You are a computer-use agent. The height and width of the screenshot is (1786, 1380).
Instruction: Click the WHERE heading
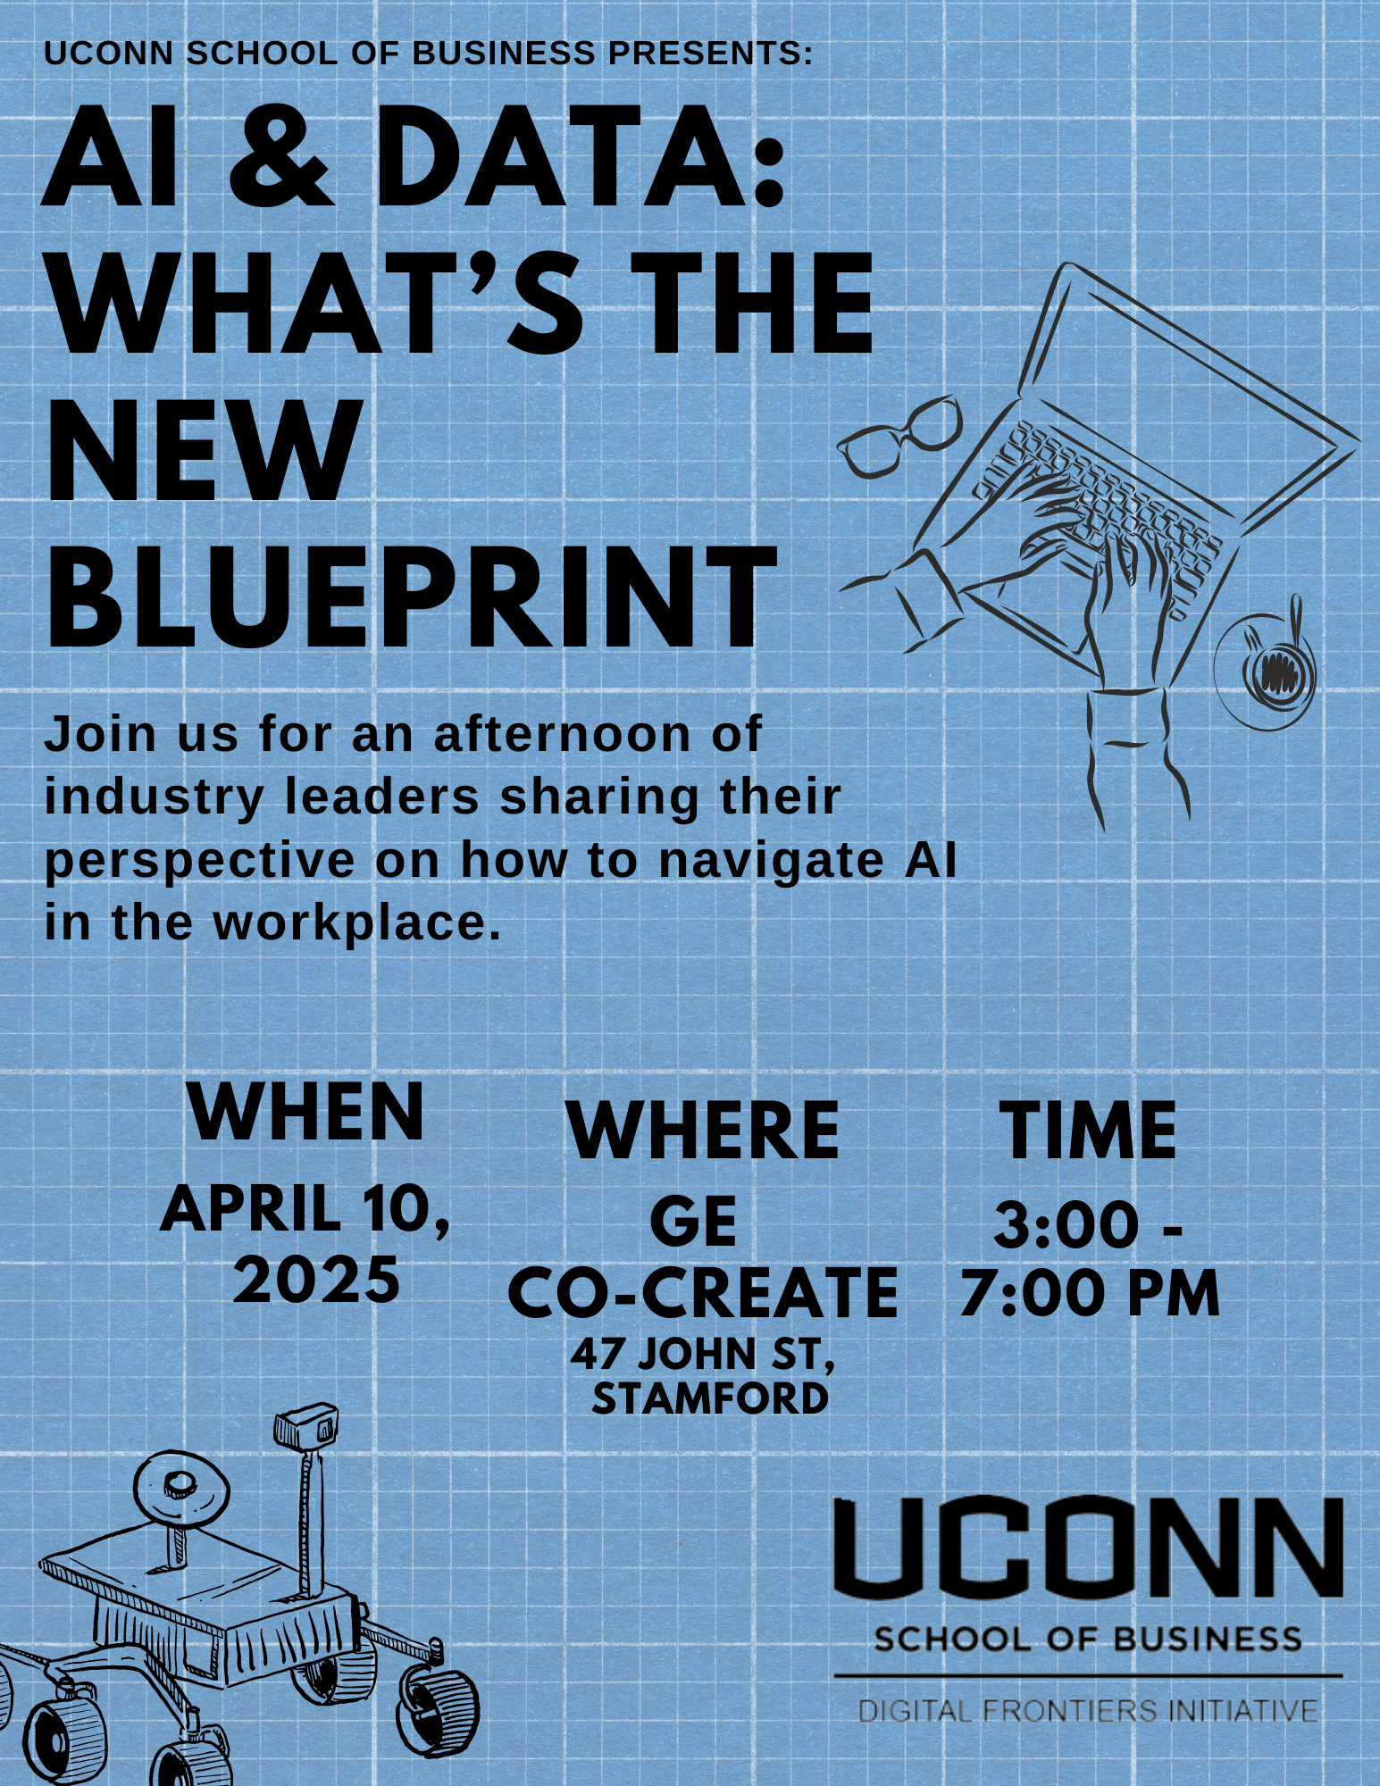(703, 1130)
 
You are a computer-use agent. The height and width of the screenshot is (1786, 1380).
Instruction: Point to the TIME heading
(1087, 1130)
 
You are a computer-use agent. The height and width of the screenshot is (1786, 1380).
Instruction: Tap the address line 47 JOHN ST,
(704, 1355)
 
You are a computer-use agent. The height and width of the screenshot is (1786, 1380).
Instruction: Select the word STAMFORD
(710, 1398)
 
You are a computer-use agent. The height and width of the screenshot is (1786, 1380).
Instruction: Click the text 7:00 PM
(1090, 1294)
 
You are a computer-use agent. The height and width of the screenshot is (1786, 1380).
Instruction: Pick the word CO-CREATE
(703, 1292)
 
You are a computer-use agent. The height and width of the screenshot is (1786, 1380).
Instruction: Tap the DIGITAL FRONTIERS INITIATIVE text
(1088, 1711)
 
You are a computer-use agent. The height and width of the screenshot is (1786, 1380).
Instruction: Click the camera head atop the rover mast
(306, 1427)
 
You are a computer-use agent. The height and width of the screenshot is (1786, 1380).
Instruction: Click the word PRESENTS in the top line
(705, 54)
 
